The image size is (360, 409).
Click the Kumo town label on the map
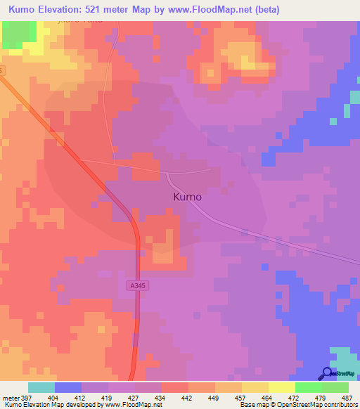pyautogui.click(x=187, y=197)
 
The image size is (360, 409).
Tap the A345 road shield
pyautogui.click(x=137, y=285)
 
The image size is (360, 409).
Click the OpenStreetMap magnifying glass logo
pyautogui.click(x=327, y=374)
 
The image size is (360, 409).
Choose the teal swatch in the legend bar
pyautogui.click(x=41, y=387)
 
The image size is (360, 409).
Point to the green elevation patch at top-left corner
pyautogui.click(x=19, y=34)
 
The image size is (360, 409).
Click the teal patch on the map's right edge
pyautogui.click(x=346, y=110)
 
